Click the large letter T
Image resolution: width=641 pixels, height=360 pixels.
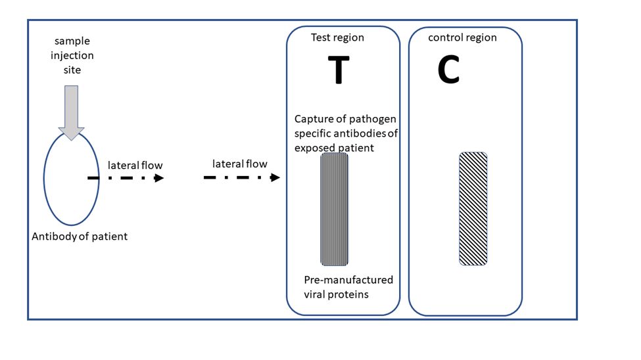click(x=339, y=70)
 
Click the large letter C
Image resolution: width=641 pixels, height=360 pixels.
click(x=448, y=70)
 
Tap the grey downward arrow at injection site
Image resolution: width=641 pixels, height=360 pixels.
click(x=71, y=112)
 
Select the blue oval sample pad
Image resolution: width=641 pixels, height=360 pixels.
click(x=71, y=197)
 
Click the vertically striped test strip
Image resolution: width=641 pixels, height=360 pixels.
click(x=335, y=209)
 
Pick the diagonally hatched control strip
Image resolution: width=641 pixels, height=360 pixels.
click(x=473, y=209)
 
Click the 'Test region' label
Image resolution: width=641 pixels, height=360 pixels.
click(x=337, y=37)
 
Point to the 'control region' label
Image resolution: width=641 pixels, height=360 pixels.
click(x=462, y=37)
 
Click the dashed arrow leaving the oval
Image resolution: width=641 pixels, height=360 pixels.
click(x=125, y=178)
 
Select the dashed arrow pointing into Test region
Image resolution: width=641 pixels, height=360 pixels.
click(x=241, y=177)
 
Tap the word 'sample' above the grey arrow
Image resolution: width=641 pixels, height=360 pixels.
click(x=72, y=41)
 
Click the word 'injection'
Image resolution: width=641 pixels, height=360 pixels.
click(x=72, y=55)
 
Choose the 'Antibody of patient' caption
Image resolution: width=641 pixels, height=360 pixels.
click(x=80, y=236)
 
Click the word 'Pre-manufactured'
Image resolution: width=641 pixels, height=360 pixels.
click(x=348, y=280)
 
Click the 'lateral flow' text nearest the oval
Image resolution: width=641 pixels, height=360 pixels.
click(x=135, y=165)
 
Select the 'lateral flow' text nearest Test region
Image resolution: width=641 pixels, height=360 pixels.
click(x=239, y=164)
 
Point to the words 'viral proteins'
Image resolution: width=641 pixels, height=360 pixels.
click(x=336, y=294)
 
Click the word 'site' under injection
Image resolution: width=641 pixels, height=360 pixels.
click(x=72, y=69)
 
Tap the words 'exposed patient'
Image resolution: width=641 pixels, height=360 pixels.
click(x=334, y=148)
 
